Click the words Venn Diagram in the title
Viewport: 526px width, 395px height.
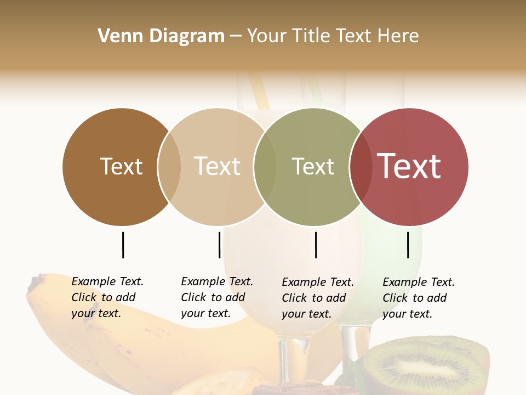tap(161, 36)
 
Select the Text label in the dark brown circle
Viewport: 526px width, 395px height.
tap(121, 166)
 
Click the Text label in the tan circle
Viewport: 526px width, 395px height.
tap(217, 166)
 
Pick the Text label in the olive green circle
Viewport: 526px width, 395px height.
tap(313, 166)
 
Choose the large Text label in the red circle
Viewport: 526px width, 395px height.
tap(409, 166)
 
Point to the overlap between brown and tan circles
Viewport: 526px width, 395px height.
tap(169, 167)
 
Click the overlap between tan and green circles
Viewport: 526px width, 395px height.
tap(265, 167)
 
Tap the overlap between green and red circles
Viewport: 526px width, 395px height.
tap(361, 167)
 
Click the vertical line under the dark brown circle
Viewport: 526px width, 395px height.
tap(123, 245)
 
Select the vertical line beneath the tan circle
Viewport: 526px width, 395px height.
tap(219, 245)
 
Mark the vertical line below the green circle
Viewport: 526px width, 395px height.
tap(316, 245)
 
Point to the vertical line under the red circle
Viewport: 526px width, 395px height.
tap(408, 245)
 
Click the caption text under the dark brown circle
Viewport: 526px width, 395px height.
tap(107, 297)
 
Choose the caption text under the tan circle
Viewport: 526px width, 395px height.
tap(217, 297)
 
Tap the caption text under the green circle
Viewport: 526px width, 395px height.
tap(318, 298)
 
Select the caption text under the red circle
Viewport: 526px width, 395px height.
tap(419, 298)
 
